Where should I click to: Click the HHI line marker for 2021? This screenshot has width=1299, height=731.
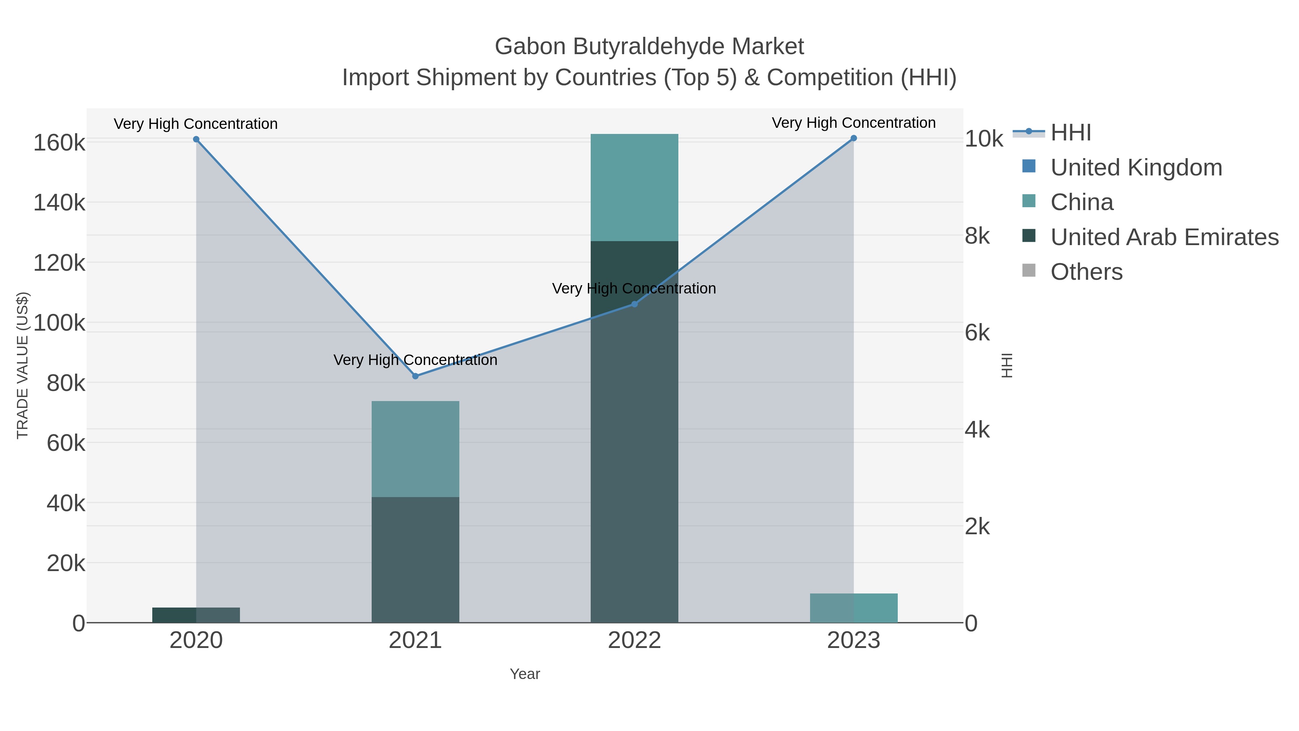tap(415, 376)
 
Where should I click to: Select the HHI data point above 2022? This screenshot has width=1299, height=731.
tap(634, 304)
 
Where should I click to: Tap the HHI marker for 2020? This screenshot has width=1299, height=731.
tap(196, 139)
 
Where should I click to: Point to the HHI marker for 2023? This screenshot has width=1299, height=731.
tap(853, 138)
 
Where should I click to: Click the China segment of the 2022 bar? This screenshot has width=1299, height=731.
tap(634, 187)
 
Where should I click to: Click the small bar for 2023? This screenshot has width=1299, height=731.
tap(853, 608)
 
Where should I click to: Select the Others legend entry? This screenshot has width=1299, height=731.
tap(1086, 272)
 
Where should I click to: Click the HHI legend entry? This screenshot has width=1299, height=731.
tap(1070, 133)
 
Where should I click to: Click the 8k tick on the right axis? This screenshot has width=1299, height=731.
tap(977, 236)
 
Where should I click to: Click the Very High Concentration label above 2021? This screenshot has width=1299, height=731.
tap(415, 360)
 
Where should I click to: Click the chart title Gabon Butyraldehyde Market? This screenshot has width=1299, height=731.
tap(649, 47)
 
